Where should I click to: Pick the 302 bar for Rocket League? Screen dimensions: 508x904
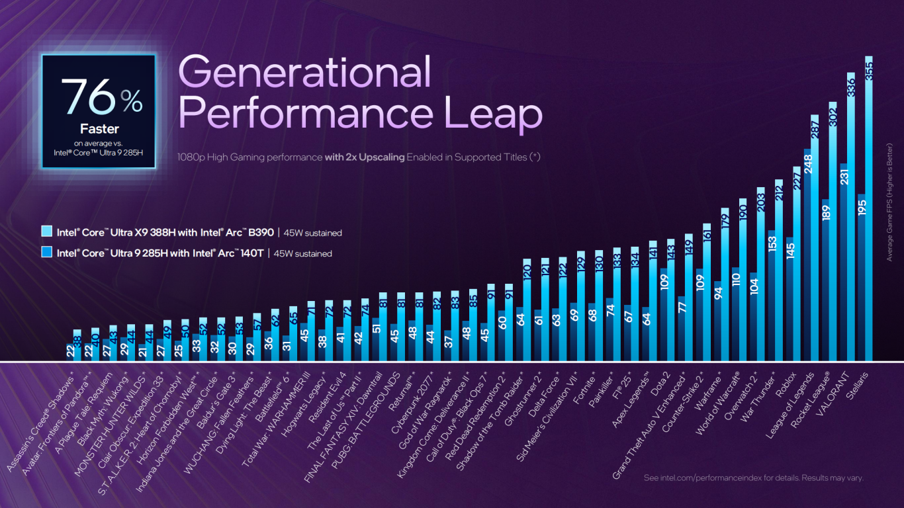pos(833,232)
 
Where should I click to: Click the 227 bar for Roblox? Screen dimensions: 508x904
pos(797,264)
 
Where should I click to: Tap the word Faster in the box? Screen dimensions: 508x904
pos(99,129)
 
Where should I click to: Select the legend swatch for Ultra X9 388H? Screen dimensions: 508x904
pos(46,232)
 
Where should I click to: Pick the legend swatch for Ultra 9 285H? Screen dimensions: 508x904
pos(46,253)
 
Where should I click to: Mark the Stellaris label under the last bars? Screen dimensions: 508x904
pos(854,383)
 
